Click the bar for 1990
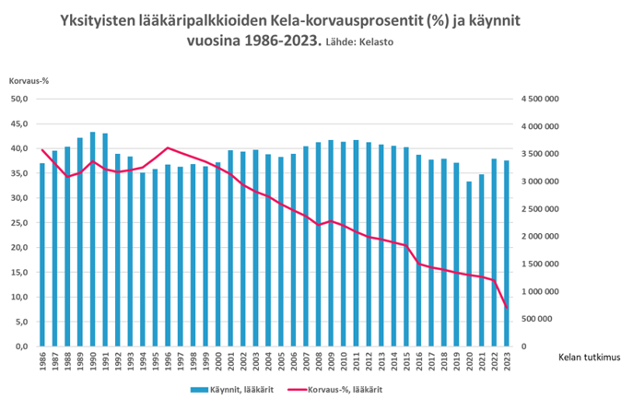tap(93, 240)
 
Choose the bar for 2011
tap(357, 243)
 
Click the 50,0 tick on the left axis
tap(19, 99)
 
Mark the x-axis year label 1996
tap(168, 361)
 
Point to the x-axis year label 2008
tap(319, 361)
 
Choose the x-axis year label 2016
tap(419, 361)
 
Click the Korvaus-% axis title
tap(29, 80)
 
